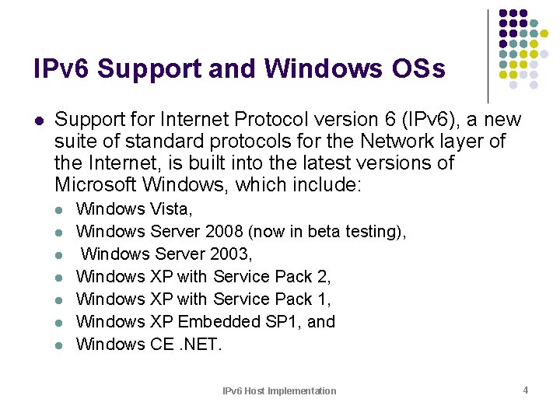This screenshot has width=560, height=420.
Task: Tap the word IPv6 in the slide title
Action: [x=61, y=68]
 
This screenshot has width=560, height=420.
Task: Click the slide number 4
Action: [x=526, y=390]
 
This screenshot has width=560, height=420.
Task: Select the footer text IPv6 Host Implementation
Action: [x=279, y=390]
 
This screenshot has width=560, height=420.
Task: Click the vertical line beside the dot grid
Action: [x=488, y=54]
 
